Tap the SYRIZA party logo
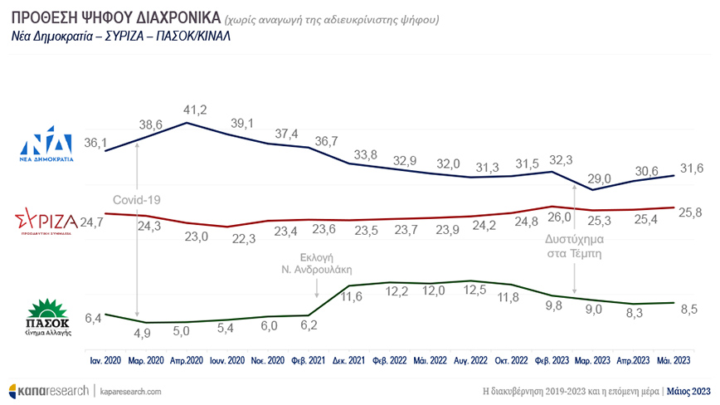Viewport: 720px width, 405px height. (x=46, y=222)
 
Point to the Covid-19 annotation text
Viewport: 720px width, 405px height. (x=135, y=200)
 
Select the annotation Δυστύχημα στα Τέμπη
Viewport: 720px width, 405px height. (x=572, y=248)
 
